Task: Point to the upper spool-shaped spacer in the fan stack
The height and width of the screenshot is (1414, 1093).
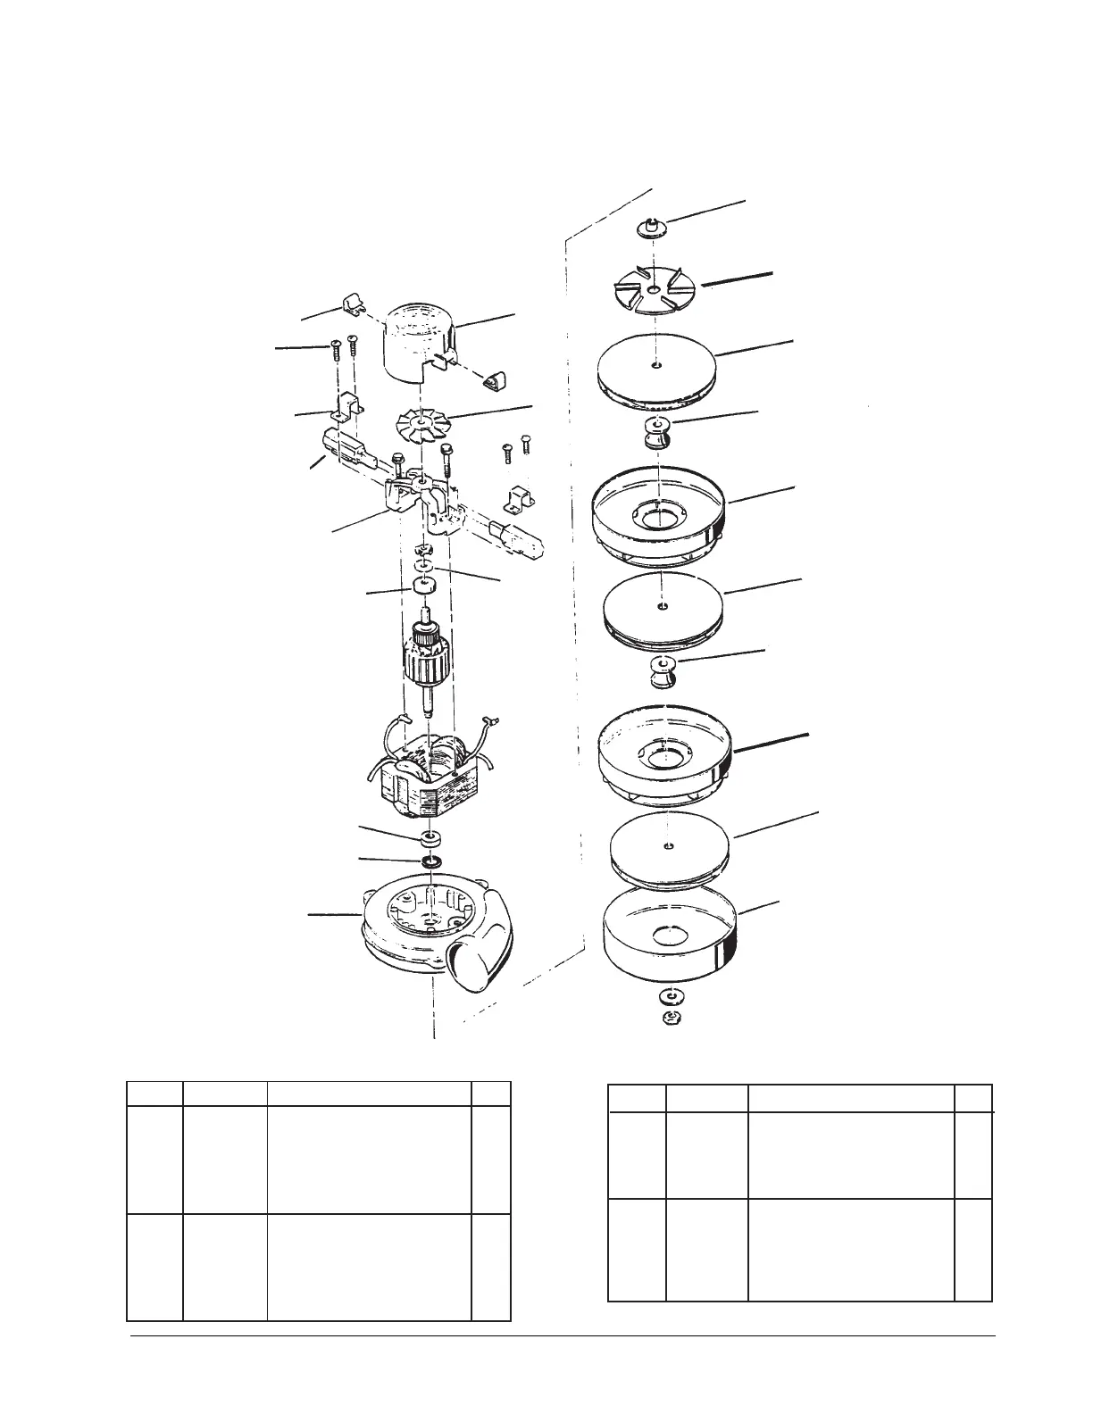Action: [x=657, y=430]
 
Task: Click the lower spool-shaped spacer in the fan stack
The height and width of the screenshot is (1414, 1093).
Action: [x=662, y=670]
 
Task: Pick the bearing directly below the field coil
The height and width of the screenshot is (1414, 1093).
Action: [x=432, y=839]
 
